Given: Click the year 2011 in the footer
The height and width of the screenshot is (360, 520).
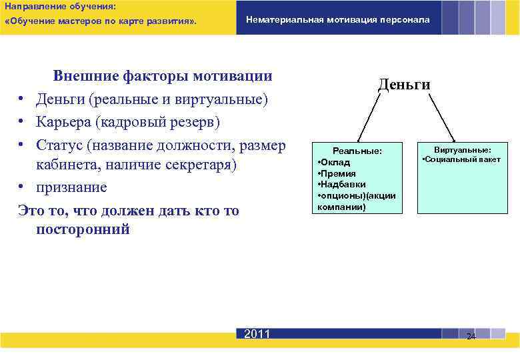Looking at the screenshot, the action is pyautogui.click(x=257, y=334).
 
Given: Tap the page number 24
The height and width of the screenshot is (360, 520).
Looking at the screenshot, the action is pyautogui.click(x=471, y=336).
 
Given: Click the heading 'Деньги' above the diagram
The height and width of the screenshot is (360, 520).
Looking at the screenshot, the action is pyautogui.click(x=404, y=84).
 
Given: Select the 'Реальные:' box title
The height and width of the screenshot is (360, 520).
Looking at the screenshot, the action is pyautogui.click(x=358, y=151).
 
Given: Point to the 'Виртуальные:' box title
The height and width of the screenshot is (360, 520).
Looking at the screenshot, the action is pyautogui.click(x=463, y=150).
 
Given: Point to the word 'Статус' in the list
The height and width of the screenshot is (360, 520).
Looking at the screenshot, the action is pyautogui.click(x=62, y=145).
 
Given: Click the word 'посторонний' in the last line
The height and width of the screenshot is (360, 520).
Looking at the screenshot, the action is pyautogui.click(x=83, y=229).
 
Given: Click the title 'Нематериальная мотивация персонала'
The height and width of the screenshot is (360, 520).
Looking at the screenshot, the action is pyautogui.click(x=338, y=19).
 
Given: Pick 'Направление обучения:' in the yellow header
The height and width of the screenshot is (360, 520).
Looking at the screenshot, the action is pyautogui.click(x=60, y=5).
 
